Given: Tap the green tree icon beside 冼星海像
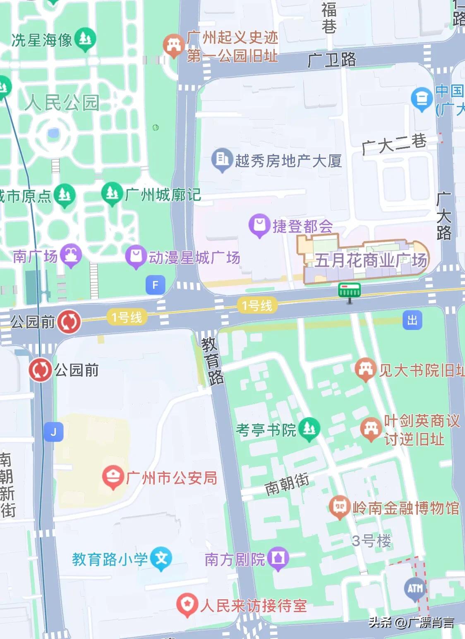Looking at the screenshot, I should (x=85, y=39).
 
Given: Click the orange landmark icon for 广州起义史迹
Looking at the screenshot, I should (x=173, y=45).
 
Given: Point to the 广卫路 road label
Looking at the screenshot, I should (x=332, y=60).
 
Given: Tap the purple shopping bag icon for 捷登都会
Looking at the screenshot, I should (x=259, y=225).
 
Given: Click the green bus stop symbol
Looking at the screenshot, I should (x=350, y=291).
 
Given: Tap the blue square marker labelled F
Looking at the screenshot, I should (x=156, y=285).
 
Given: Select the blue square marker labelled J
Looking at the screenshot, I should (x=53, y=432).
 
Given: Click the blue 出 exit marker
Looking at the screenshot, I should (x=412, y=320).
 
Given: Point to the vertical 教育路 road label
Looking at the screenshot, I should (x=213, y=361).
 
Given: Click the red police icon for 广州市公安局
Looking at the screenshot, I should (x=113, y=477).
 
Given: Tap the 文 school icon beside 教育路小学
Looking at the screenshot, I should (x=161, y=558).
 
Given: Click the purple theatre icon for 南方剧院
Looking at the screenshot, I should (x=278, y=558).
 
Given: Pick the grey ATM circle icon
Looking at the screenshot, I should (x=415, y=588).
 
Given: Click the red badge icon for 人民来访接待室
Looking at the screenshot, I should (x=187, y=605).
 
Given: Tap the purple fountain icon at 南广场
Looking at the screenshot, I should (x=71, y=255).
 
